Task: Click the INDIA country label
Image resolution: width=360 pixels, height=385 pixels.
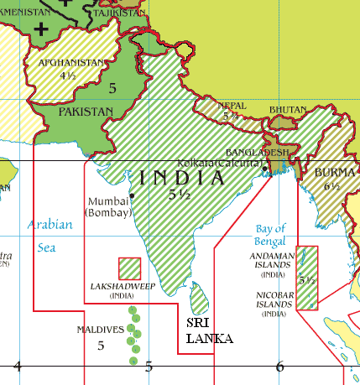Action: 182,178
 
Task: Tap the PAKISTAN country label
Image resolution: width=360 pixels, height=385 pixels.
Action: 85,111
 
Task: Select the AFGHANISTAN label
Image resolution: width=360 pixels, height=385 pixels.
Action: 71,62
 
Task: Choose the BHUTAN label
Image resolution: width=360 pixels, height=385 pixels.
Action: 287,110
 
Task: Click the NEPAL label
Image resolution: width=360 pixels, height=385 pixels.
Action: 232,107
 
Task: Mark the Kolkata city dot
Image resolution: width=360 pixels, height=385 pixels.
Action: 265,169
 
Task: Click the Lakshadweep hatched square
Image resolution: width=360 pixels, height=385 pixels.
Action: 129,268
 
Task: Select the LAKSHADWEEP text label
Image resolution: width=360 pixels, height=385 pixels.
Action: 122,286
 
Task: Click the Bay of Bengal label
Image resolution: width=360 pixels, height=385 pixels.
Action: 270,234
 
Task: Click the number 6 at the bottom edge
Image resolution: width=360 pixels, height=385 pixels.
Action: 279,365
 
